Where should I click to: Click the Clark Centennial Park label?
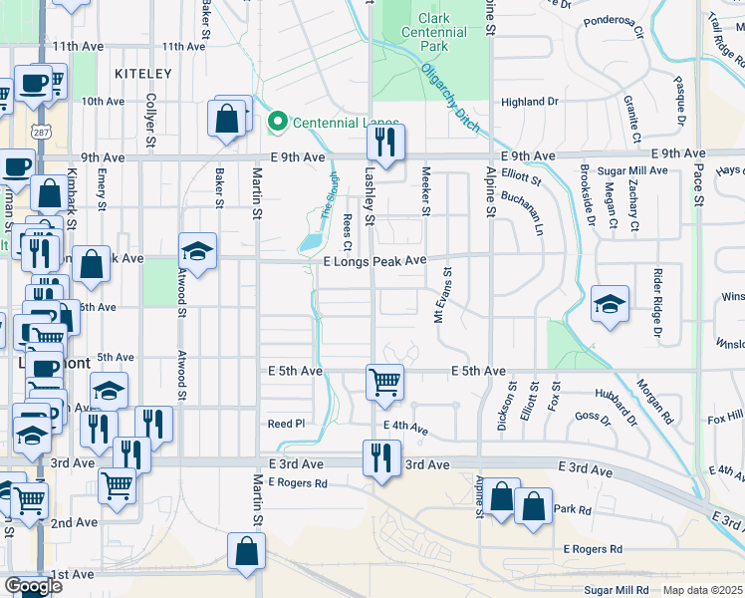[x=433, y=32]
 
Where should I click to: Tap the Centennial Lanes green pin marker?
[x=278, y=124]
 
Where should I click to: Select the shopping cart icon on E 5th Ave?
[x=384, y=382]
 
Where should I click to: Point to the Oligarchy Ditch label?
[x=449, y=99]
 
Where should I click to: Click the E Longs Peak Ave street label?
[x=374, y=260]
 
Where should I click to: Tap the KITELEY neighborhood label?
[x=143, y=74]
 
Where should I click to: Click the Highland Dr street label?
[x=530, y=102]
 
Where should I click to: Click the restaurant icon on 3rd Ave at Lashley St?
[x=381, y=458]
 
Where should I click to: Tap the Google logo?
[x=33, y=586]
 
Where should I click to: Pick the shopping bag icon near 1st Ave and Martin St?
[x=246, y=551]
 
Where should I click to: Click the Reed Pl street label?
[x=286, y=425]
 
